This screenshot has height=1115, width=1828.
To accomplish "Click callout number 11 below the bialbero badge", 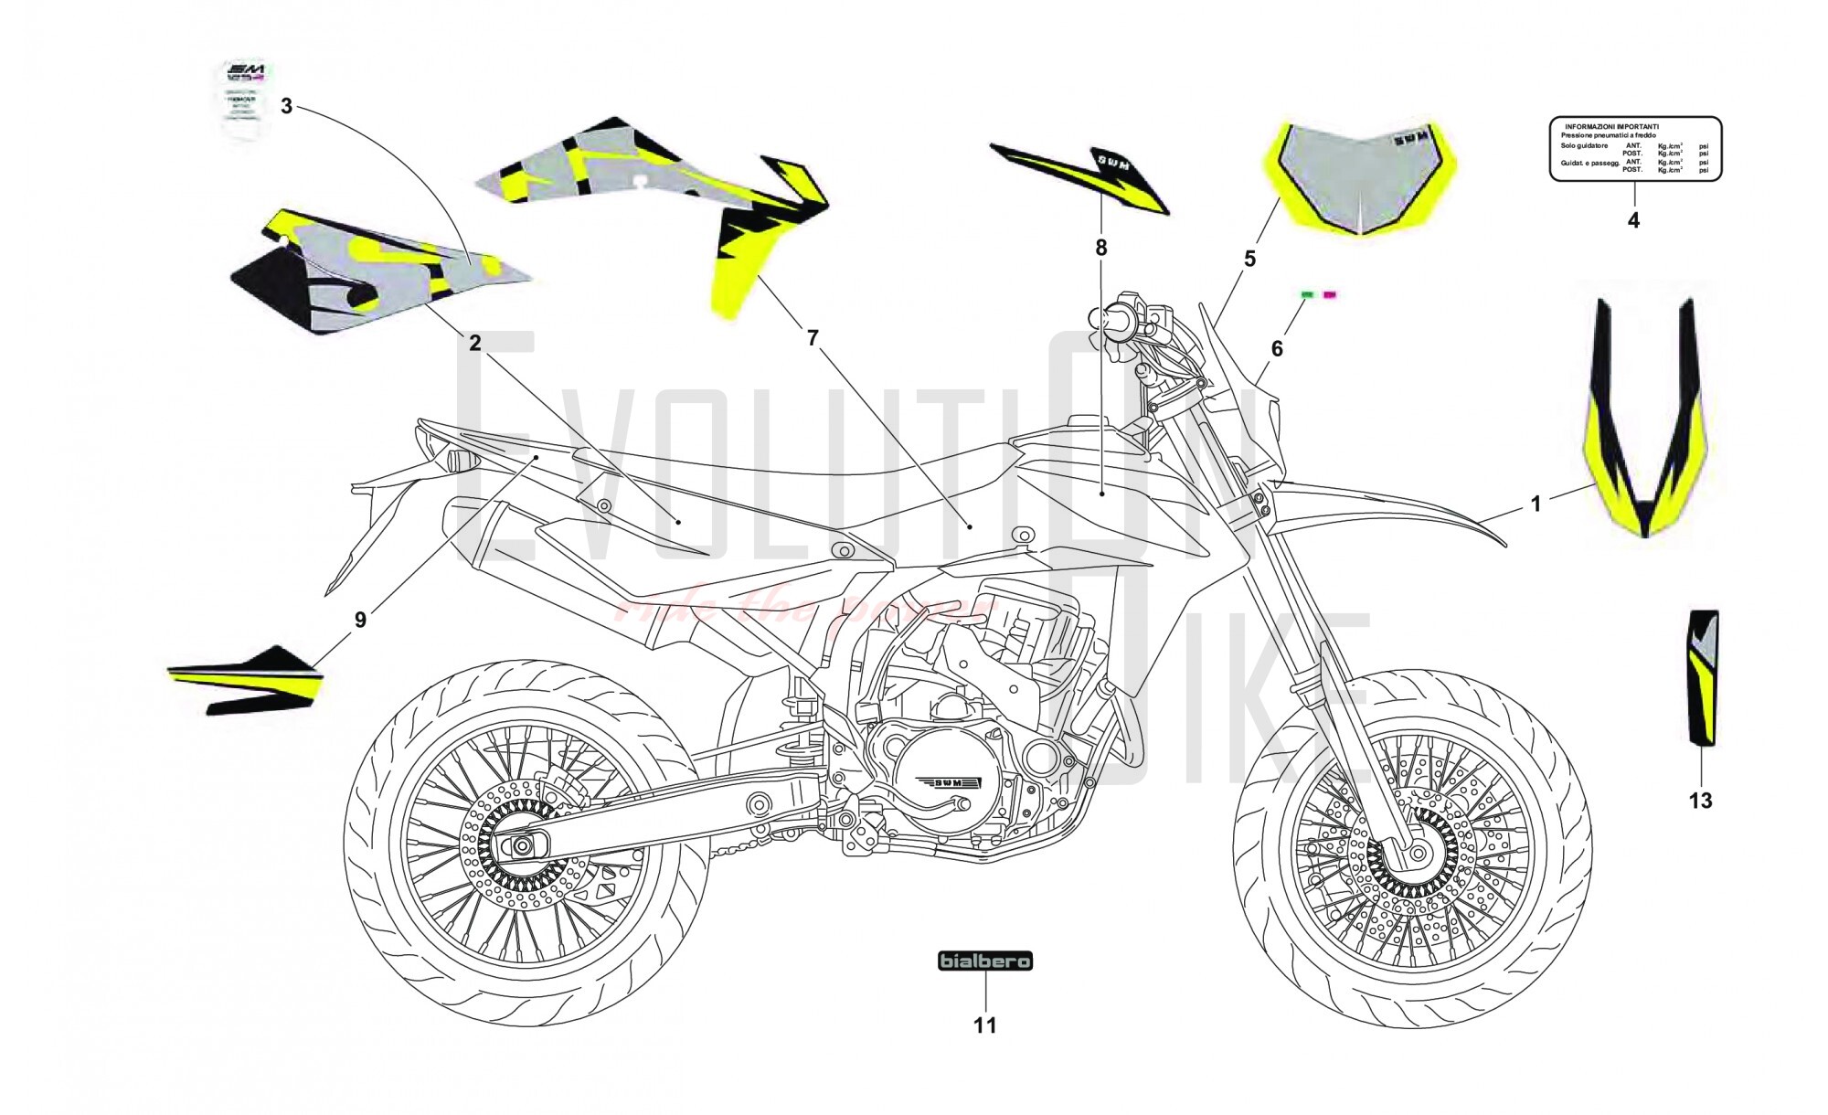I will pyautogui.click(x=984, y=1025).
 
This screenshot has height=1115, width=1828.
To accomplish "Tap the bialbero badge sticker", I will pyautogui.click(x=985, y=961).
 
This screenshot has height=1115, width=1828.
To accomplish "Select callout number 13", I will pyautogui.click(x=1700, y=802).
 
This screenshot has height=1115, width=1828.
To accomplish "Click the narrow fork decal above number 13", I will pyautogui.click(x=1702, y=676).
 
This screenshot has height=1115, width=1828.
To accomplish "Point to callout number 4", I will pyautogui.click(x=1633, y=220).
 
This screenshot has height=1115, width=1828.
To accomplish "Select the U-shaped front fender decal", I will pyautogui.click(x=1645, y=430).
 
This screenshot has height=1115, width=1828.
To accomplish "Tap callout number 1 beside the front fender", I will pyautogui.click(x=1536, y=504).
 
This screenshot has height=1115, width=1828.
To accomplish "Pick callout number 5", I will pyautogui.click(x=1249, y=260).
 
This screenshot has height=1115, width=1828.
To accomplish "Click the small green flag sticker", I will pyautogui.click(x=1307, y=294).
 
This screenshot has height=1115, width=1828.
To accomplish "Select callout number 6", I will pyautogui.click(x=1277, y=348).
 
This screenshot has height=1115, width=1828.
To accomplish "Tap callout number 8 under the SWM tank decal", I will pyautogui.click(x=1101, y=248).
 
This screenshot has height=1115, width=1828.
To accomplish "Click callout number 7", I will pyautogui.click(x=813, y=339).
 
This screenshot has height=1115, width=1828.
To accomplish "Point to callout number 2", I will pyautogui.click(x=474, y=343).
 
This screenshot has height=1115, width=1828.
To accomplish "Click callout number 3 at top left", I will pyautogui.click(x=286, y=106).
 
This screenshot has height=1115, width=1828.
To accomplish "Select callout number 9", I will pyautogui.click(x=360, y=620).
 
